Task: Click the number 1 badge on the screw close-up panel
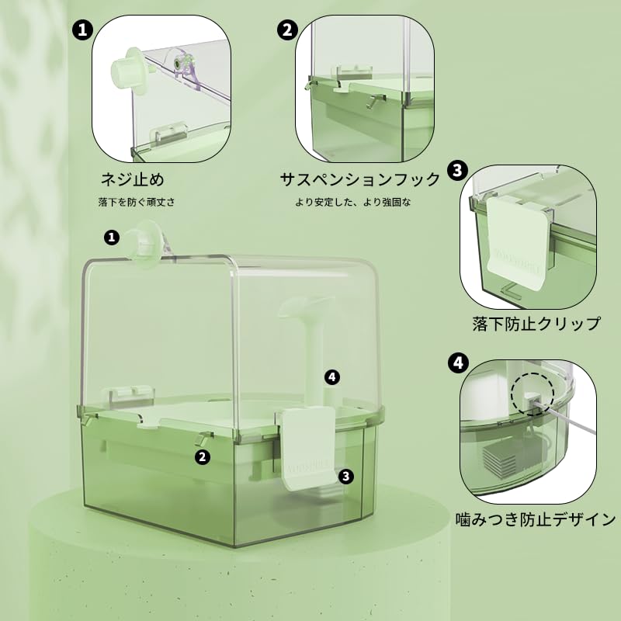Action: click(81, 30)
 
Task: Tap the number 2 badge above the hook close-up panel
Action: click(287, 30)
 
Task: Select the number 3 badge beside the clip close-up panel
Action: click(457, 170)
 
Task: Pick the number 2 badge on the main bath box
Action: click(203, 457)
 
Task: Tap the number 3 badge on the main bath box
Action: click(346, 476)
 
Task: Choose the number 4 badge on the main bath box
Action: click(332, 377)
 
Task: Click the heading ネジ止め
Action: click(132, 180)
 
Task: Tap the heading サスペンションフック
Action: click(359, 180)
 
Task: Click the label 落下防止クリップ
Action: click(536, 324)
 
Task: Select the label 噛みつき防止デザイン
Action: click(535, 519)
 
